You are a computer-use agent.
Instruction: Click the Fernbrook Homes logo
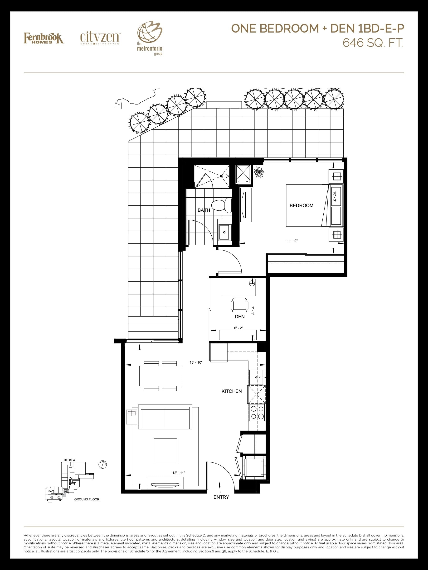[x=44, y=38]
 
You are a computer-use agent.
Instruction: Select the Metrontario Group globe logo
[x=150, y=39]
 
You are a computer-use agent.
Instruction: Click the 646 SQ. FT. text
[x=373, y=43]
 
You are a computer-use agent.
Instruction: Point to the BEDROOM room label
[x=301, y=205]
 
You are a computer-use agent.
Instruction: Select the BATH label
[x=204, y=210]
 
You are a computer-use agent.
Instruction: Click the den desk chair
[x=240, y=304]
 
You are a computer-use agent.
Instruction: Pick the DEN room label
[x=240, y=317]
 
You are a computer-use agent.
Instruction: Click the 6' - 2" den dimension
[x=238, y=328]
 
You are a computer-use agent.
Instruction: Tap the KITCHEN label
[x=232, y=391]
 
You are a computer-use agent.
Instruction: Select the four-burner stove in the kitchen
[x=257, y=413]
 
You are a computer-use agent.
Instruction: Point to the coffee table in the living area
[x=165, y=450]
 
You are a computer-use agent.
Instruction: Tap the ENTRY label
[x=221, y=497]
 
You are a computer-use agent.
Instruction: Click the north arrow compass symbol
[x=103, y=465]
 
